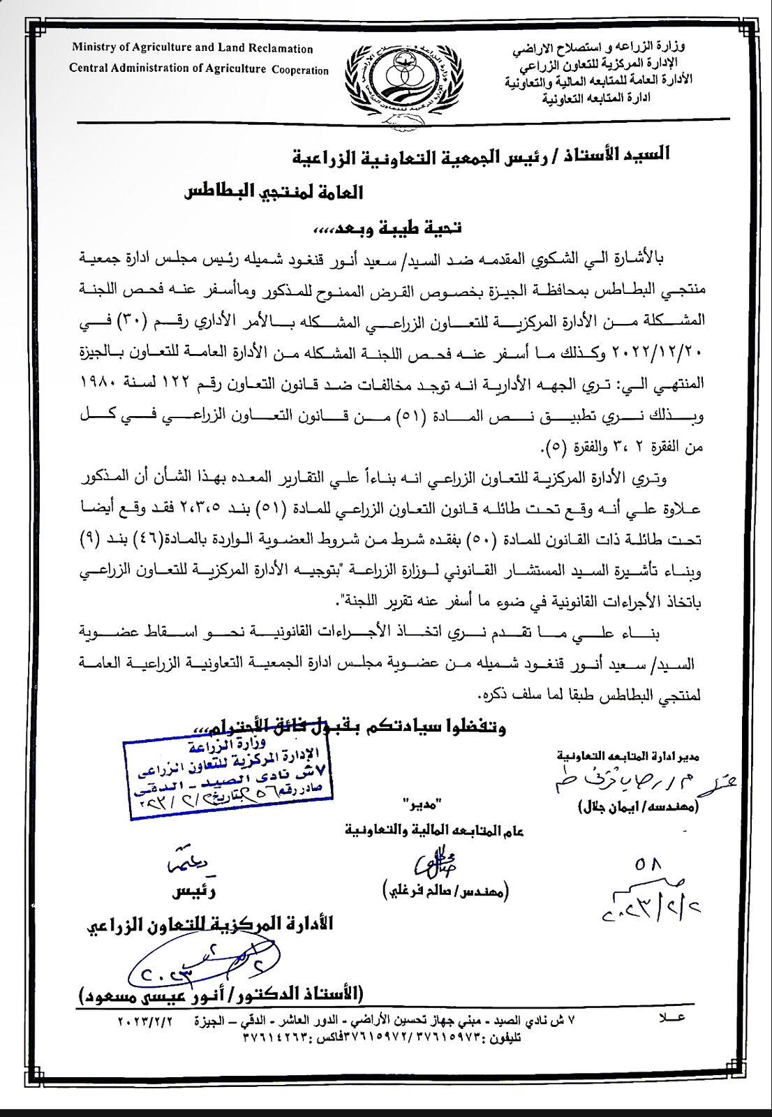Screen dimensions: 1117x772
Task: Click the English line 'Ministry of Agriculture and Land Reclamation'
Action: (192, 48)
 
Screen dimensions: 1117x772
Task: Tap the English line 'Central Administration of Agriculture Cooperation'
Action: (199, 68)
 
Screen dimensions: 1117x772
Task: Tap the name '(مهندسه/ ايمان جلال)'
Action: (639, 807)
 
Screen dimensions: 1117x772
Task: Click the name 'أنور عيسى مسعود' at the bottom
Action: (222, 993)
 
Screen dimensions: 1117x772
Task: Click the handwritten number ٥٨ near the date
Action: (648, 865)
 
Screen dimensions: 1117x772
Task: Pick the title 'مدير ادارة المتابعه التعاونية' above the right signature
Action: (628, 756)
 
